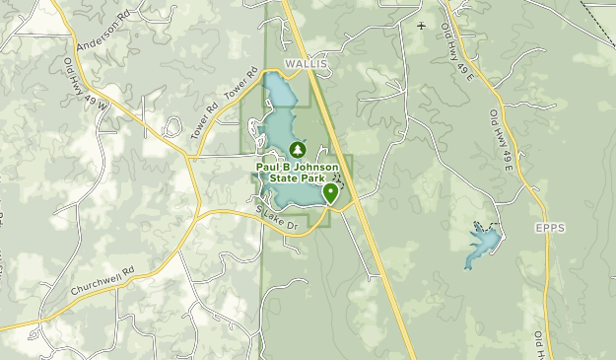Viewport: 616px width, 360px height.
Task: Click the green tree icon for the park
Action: (x=297, y=150)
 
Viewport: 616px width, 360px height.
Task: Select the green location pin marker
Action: (x=329, y=193)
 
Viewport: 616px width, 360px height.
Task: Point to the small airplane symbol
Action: (x=422, y=26)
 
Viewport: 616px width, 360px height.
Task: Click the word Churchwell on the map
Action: (x=95, y=282)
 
